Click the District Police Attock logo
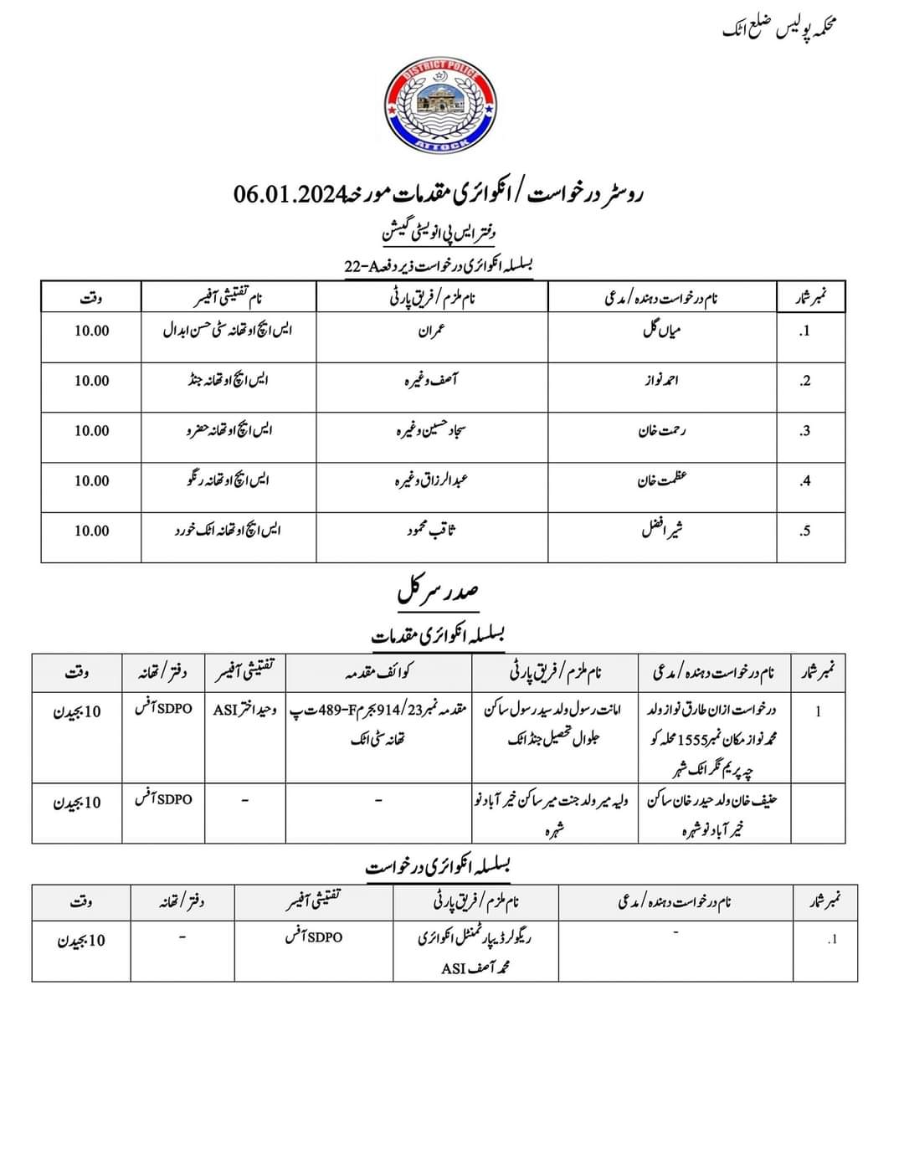point(441,106)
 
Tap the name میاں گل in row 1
point(661,330)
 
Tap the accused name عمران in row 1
point(432,330)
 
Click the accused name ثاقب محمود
point(432,531)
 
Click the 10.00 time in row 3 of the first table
point(91,430)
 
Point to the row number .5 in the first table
point(804,531)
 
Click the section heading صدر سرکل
point(438,593)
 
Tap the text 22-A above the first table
point(362,266)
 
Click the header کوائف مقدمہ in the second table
point(379,672)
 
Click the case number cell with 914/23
point(379,711)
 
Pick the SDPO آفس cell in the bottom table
point(313,937)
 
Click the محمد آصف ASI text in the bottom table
point(475,968)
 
